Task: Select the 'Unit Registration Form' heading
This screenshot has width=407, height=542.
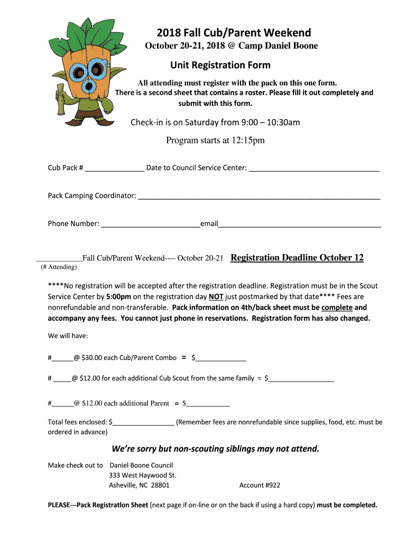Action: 220,65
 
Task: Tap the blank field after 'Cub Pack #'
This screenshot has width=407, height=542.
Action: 114,168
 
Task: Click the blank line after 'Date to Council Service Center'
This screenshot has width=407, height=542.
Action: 314,168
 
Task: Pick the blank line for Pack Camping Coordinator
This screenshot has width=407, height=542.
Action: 258,196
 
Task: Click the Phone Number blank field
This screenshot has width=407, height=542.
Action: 150,224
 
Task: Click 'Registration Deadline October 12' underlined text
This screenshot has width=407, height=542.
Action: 297,258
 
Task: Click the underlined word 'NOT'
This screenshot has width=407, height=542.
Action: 216,297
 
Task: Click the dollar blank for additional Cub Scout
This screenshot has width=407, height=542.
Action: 301,378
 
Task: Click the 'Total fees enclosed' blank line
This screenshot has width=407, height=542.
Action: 143,422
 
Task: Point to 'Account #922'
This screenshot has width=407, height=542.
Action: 260,485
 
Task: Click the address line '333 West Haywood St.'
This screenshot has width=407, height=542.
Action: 142,475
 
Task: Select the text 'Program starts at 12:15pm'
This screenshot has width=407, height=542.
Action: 215,140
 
